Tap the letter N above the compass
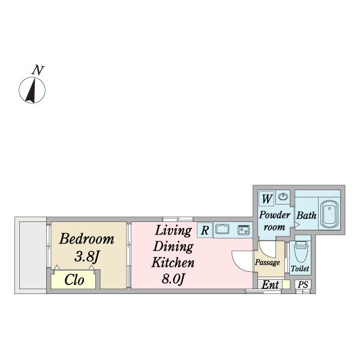(x=38, y=70)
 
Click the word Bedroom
(x=86, y=239)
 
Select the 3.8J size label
(x=86, y=257)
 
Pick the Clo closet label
(x=74, y=280)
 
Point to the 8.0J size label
(x=172, y=278)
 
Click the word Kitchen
(x=172, y=263)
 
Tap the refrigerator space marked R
(x=205, y=230)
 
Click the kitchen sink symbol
(x=223, y=229)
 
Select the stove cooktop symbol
(x=243, y=229)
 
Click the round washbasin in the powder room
(x=283, y=197)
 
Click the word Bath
(x=307, y=215)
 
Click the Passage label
(x=268, y=263)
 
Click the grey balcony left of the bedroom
(x=31, y=256)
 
